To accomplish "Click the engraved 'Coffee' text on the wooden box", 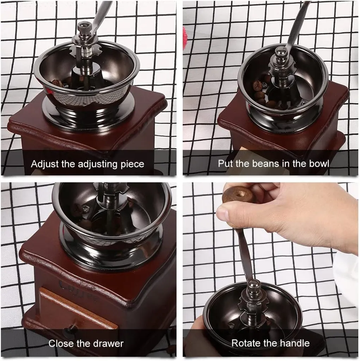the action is click(78, 290).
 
